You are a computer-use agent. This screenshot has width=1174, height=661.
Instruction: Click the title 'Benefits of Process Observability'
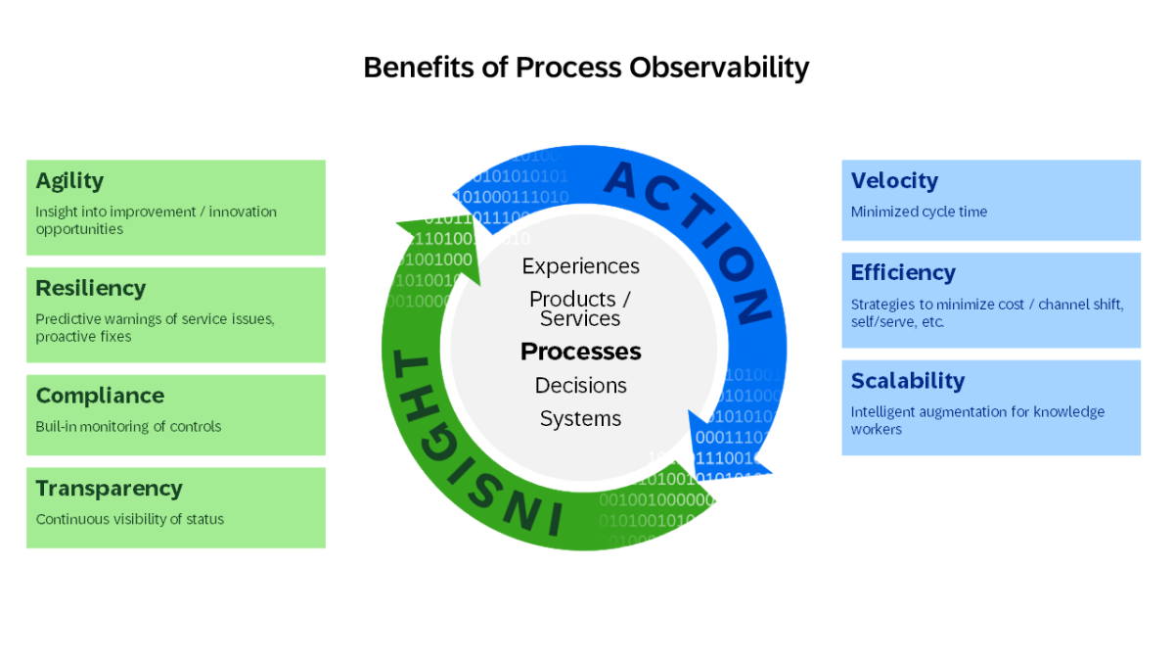coord(586,68)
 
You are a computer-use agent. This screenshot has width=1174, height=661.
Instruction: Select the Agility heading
coord(69,181)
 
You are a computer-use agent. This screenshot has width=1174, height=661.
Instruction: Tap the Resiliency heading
coord(90,289)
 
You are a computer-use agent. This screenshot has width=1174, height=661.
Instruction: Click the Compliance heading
coord(100,396)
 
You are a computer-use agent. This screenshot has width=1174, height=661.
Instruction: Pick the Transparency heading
coord(109,489)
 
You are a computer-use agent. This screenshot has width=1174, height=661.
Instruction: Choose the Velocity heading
coord(894,181)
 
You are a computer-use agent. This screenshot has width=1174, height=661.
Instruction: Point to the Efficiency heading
coord(903,273)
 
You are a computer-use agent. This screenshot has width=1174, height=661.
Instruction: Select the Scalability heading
coord(908,381)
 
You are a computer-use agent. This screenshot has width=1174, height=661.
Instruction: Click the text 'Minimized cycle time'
coord(919,212)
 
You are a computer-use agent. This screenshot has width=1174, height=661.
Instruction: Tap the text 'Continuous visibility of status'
coord(130,519)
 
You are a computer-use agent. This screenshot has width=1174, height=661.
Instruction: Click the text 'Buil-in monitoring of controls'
coord(128,426)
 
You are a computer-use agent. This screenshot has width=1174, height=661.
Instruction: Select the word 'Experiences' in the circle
coord(580,266)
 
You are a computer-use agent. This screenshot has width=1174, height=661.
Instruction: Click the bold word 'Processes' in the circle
coord(580,352)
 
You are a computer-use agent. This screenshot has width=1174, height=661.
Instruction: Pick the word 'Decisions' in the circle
coord(580,385)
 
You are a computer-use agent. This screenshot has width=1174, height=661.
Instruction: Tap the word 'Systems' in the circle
coord(580,418)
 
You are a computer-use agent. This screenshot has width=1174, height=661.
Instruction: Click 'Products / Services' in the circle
coord(580,308)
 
